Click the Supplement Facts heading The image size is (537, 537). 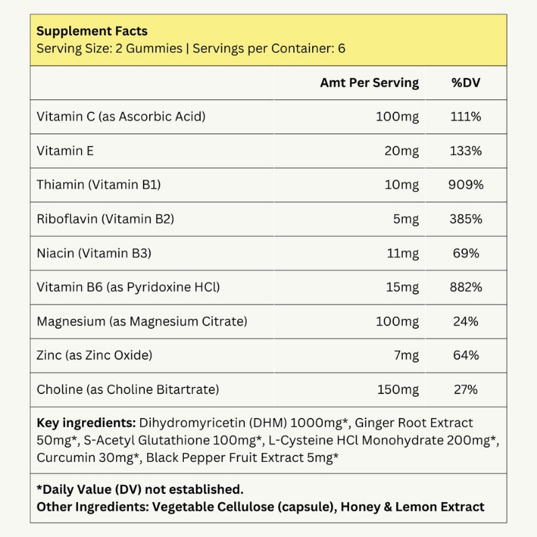pyautogui.click(x=92, y=31)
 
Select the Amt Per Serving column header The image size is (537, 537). pyautogui.click(x=369, y=83)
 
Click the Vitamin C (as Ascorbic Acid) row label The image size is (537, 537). pyautogui.click(x=121, y=117)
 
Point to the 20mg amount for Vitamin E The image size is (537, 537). pyautogui.click(x=401, y=151)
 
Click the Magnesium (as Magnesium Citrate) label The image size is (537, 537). pyautogui.click(x=142, y=322)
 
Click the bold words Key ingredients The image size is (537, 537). pyautogui.click(x=85, y=424)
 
